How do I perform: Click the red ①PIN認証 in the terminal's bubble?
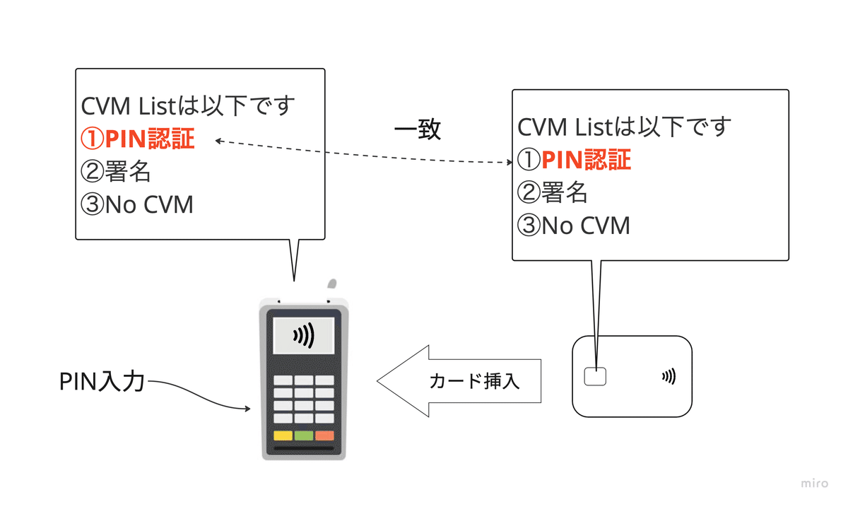[138, 139]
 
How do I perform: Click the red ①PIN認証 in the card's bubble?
[574, 161]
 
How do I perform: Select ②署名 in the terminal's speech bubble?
[117, 172]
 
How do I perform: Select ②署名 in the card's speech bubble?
[553, 193]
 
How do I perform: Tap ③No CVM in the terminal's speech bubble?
[138, 204]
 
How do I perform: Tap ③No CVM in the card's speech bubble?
[574, 226]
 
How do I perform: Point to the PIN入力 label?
[102, 382]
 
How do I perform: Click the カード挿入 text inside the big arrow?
[475, 382]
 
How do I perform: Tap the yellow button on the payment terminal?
[283, 436]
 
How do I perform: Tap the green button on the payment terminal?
[304, 436]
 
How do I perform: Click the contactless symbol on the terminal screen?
[304, 336]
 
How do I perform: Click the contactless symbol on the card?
[669, 377]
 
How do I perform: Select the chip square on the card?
[595, 377]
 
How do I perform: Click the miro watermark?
[814, 484]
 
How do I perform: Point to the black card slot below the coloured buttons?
[304, 449]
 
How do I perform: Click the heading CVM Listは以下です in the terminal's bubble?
[188, 107]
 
